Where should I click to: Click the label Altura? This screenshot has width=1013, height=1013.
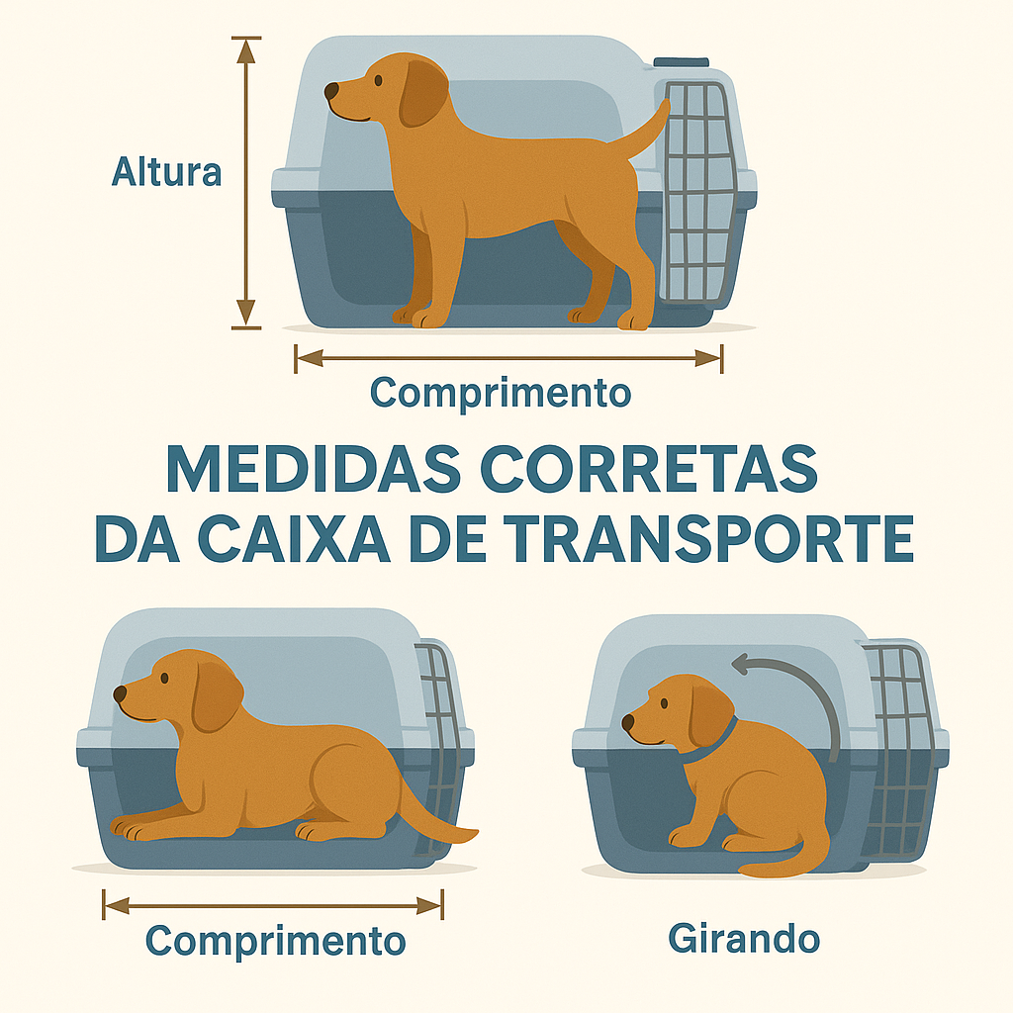(166, 172)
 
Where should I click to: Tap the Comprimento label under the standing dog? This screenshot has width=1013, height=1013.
(500, 393)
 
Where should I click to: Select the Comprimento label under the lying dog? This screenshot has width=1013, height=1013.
(275, 940)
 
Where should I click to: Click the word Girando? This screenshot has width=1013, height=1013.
(744, 937)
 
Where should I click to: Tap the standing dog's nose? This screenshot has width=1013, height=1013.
(331, 91)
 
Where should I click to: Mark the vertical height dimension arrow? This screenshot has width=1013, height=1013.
(246, 183)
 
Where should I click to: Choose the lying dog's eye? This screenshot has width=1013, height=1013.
(163, 678)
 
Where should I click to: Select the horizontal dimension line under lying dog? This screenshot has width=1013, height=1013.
(273, 904)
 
